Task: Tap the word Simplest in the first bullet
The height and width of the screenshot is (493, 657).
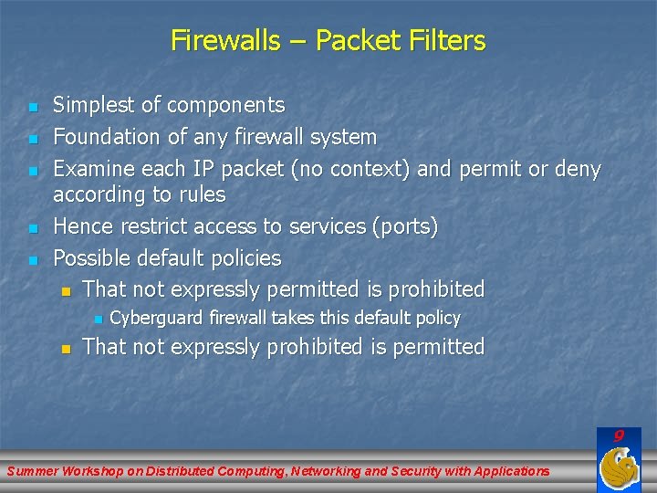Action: (x=89, y=106)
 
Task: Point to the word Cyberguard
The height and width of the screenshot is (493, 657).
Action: (x=157, y=318)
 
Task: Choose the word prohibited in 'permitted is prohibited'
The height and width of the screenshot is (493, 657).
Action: (x=436, y=289)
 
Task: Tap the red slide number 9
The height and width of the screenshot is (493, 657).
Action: (x=619, y=436)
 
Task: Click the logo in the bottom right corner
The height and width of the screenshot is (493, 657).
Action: (x=618, y=470)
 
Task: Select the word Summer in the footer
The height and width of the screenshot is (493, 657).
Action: (x=32, y=471)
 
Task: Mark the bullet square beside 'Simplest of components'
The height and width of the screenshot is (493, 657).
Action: (x=33, y=108)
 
